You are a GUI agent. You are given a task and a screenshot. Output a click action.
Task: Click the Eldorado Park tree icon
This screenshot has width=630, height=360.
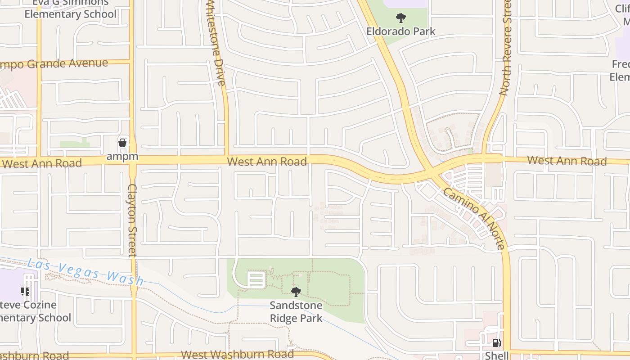[400, 18]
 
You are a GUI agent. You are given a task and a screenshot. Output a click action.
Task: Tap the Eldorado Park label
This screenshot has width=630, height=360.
[400, 31]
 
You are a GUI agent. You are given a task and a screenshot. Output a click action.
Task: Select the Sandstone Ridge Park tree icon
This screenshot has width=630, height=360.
[296, 292]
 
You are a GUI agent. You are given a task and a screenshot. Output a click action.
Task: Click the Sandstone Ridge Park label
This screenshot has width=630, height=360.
[296, 312]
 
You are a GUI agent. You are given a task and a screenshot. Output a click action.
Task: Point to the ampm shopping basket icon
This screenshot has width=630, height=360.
[122, 143]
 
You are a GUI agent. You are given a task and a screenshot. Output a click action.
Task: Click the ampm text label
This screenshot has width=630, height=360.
[122, 157]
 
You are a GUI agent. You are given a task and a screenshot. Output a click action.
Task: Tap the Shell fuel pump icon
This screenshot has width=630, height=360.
[496, 343]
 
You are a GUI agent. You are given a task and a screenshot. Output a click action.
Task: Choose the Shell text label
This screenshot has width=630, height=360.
[496, 355]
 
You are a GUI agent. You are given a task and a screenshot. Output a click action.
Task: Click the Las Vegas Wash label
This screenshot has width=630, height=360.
[85, 271]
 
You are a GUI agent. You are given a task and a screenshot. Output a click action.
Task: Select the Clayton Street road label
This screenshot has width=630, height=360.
[132, 220]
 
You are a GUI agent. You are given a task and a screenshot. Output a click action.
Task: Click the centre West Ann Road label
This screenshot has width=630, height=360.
[267, 161]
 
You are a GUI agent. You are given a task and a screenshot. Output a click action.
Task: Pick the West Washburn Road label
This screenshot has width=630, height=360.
[237, 355]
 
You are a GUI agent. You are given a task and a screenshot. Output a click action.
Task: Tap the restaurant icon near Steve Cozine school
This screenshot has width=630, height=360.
[25, 292]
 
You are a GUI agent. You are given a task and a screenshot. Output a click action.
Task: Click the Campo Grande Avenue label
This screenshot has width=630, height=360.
[54, 63]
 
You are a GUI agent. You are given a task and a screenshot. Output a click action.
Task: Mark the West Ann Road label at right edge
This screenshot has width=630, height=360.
[567, 160]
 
